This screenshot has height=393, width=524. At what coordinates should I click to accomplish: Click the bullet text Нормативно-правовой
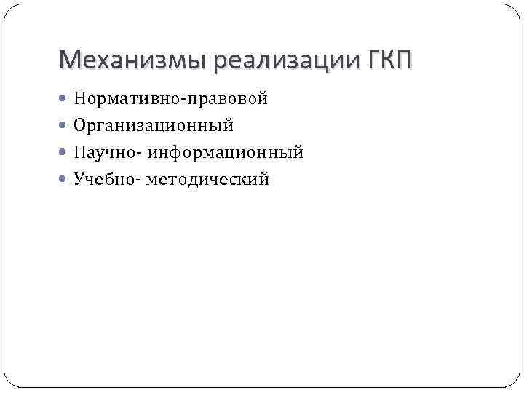point(171,99)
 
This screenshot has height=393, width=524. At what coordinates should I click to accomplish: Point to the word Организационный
point(154,126)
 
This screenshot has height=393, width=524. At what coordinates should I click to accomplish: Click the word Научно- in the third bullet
point(107,153)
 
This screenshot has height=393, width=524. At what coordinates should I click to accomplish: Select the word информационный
point(225,153)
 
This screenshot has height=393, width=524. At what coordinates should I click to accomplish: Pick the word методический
point(207,179)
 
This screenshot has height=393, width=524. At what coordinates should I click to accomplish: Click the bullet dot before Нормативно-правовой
point(65,98)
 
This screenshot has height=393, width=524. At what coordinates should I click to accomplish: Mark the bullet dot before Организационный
point(65,125)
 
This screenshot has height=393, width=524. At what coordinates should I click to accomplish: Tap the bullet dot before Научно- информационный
point(65,152)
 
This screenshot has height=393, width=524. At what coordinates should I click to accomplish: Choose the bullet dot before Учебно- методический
point(65,178)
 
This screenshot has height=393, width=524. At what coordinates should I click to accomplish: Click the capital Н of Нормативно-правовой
point(79,98)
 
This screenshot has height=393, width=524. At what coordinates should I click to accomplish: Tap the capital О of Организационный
point(79,125)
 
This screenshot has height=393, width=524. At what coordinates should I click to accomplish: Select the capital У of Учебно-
point(79,178)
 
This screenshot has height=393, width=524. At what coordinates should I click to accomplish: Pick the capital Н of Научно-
point(79,152)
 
